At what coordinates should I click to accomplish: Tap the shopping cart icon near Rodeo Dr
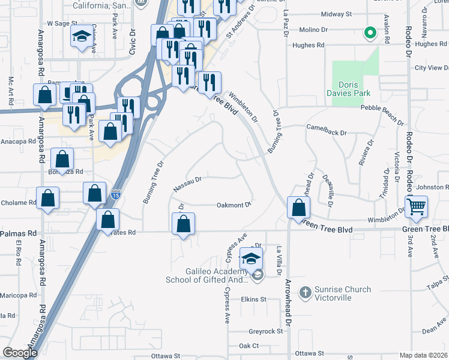[416, 206]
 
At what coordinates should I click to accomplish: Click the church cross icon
[306, 293]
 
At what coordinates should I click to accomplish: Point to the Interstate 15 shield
[116, 194]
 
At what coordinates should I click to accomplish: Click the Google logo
[20, 353]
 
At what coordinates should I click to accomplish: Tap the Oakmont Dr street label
[233, 205]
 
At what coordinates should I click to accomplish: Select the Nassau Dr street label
[187, 184]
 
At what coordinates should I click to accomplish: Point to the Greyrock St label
[265, 331]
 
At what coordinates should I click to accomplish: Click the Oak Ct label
[249, 346]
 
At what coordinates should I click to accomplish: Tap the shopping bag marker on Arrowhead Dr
[298, 208]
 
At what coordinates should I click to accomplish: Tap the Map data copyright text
[423, 355]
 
